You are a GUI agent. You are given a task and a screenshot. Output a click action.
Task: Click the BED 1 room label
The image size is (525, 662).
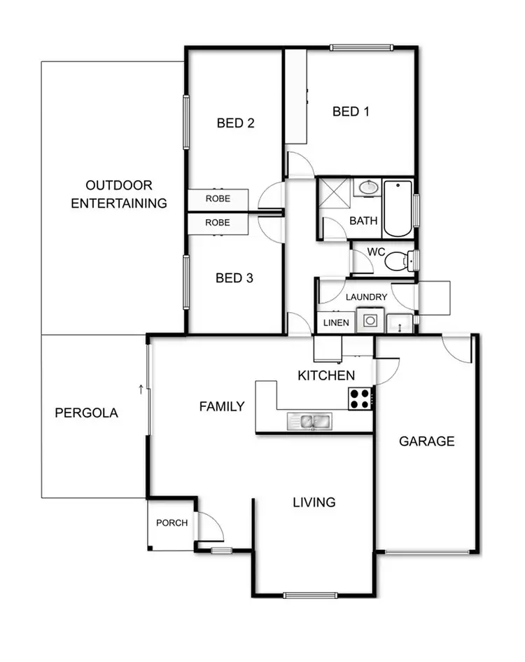pyautogui.click(x=351, y=111)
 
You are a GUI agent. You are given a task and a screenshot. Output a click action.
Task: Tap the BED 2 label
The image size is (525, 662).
pyautogui.click(x=235, y=123)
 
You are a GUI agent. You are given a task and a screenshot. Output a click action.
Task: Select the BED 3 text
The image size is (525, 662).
pyautogui.click(x=234, y=278)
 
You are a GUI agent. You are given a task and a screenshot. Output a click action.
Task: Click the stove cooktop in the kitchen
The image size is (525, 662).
pyautogui.click(x=360, y=399)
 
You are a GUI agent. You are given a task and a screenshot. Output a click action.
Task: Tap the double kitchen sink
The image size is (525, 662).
pyautogui.click(x=309, y=421)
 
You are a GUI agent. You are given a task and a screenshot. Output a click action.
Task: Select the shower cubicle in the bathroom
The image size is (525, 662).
pyautogui.click(x=335, y=194)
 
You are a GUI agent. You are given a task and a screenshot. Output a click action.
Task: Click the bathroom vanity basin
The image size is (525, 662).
pyautogui.click(x=367, y=188)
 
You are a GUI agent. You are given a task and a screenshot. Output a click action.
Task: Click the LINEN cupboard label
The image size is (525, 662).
pyautogui.click(x=335, y=323)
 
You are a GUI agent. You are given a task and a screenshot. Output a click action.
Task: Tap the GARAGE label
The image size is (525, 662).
pyautogui.click(x=426, y=441)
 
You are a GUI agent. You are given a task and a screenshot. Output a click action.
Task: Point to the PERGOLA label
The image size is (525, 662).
pyautogui.click(x=86, y=413)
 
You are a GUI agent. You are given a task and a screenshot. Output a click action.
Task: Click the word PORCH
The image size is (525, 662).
pyautogui.click(x=171, y=523)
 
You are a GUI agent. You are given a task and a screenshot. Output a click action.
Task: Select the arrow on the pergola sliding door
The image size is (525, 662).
pyautogui.click(x=141, y=387)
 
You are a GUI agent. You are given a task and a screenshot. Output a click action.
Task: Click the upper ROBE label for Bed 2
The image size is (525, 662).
pyautogui.click(x=217, y=199)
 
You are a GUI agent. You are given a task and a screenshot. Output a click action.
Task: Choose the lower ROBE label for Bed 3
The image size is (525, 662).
pyautogui.click(x=217, y=223)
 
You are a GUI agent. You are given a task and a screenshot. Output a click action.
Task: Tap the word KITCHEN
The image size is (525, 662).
pyautogui.click(x=326, y=375)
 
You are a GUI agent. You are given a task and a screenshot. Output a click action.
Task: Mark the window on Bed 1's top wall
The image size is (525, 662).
pyautogui.click(x=361, y=48)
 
